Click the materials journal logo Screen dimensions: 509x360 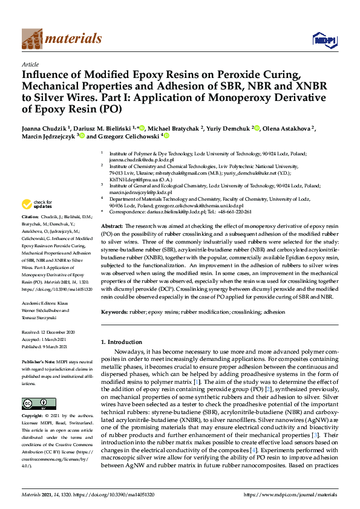61,39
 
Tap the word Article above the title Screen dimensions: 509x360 30,64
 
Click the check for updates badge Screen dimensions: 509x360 37,205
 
